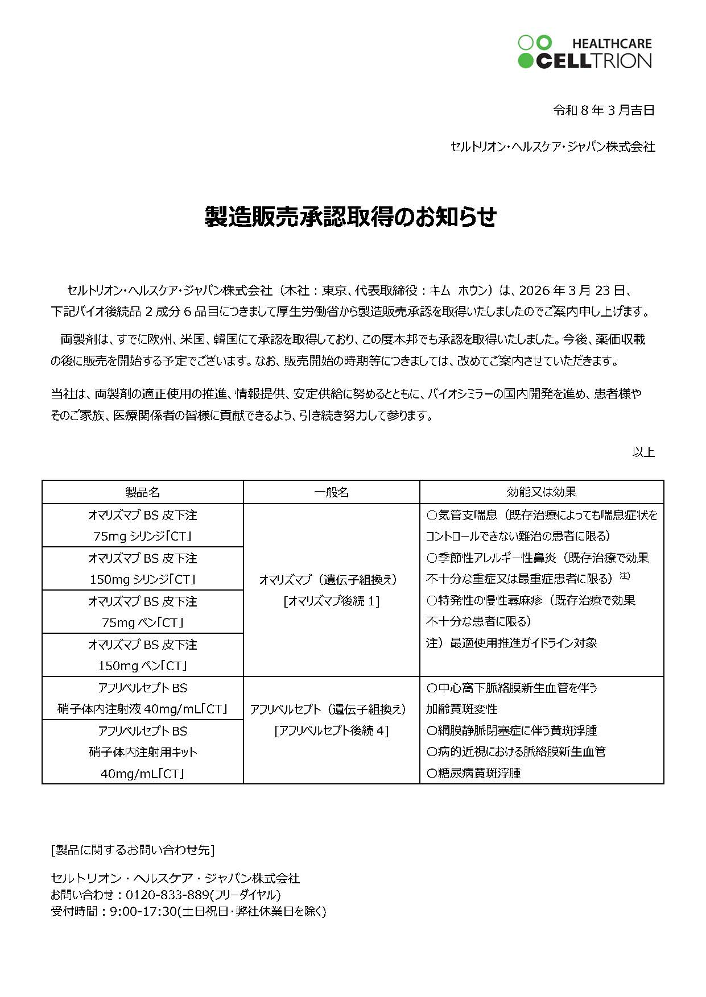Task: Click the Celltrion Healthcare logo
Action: (584, 52)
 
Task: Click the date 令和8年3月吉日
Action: (604, 110)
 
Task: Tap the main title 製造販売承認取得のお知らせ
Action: (350, 217)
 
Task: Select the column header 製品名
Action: (142, 492)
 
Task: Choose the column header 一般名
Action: (331, 492)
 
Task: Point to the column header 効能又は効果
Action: (541, 492)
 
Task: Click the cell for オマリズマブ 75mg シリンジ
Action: (142, 526)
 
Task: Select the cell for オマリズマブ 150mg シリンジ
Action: (142, 568)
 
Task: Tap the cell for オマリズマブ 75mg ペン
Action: (142, 612)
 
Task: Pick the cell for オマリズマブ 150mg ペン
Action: (142, 655)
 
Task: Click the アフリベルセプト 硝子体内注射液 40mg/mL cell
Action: (142, 698)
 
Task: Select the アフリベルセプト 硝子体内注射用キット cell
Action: (142, 752)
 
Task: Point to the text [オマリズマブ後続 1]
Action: (331, 601)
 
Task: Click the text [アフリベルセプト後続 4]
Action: (331, 731)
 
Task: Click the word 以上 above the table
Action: (643, 452)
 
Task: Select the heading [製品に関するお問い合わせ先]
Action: (133, 850)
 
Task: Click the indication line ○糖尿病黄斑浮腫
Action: (473, 773)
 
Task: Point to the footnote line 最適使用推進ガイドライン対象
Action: (523, 643)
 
